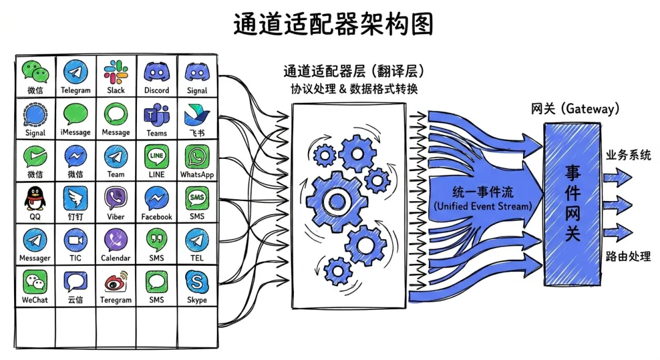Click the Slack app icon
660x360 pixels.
coord(116,71)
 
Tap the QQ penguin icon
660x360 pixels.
coord(35,198)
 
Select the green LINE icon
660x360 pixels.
coord(156,156)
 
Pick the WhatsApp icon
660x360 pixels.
coord(197,156)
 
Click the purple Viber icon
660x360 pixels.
coord(116,198)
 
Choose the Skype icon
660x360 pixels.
coord(197,282)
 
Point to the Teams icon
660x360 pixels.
coord(156,114)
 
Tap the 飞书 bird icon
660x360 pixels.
coord(197,114)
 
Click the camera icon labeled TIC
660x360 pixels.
coord(75,240)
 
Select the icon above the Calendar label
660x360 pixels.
coord(116,240)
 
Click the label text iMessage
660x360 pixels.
coord(75,133)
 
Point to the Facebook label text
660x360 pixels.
coord(156,216)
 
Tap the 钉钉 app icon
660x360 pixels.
coord(75,198)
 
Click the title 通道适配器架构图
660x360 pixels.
coord(333,24)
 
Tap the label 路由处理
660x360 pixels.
coord(628,256)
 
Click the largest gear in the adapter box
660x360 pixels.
coord(334,200)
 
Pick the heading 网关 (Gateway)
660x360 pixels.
coord(574,109)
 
